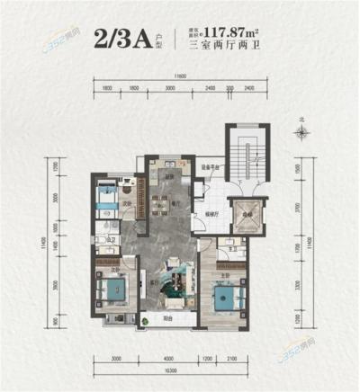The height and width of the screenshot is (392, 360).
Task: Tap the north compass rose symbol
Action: (303, 132)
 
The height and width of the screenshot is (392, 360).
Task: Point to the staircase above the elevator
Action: (247, 162)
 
